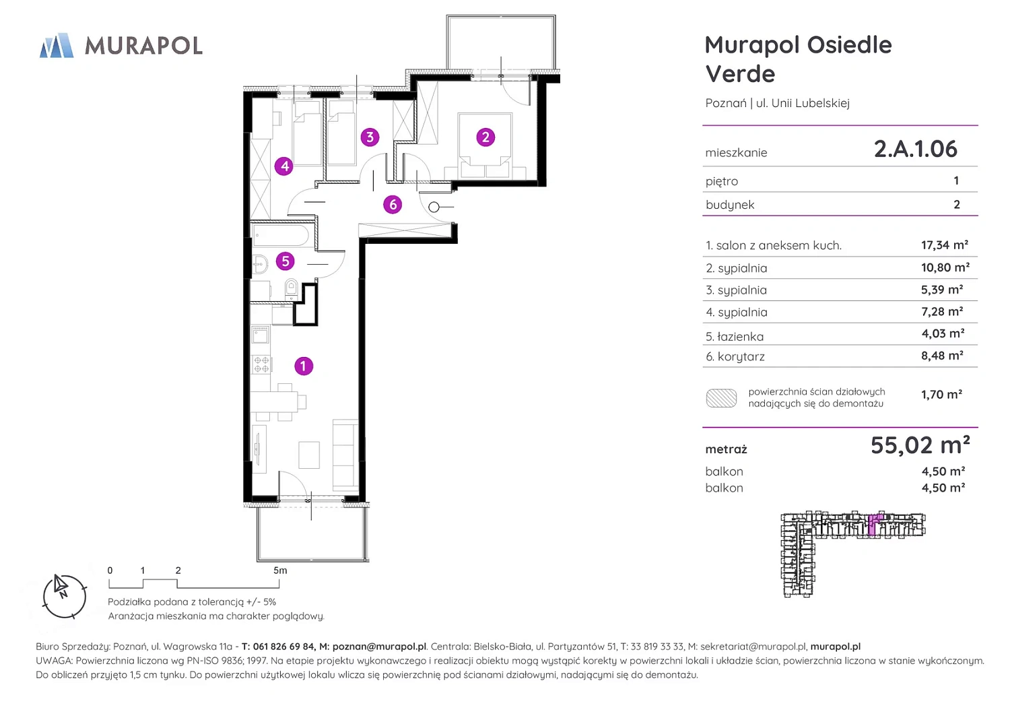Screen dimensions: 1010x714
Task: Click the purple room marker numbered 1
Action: [x=304, y=366]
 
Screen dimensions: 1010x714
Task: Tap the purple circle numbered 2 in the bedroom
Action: [x=485, y=137]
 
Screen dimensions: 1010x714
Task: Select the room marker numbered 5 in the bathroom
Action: [x=285, y=261]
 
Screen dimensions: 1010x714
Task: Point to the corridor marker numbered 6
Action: [x=393, y=204]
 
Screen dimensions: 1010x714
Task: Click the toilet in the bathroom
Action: [x=292, y=289]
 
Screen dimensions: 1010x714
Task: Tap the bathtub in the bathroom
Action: [x=281, y=236]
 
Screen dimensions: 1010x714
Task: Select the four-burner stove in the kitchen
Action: [x=261, y=364]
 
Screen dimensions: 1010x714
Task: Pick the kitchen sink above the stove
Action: [x=261, y=335]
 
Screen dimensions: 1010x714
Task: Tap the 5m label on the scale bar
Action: [x=280, y=570]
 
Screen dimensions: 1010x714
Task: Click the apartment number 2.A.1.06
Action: [x=915, y=149]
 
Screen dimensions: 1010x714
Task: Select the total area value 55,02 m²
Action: [x=920, y=445]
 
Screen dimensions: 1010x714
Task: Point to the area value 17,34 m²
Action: [x=945, y=245]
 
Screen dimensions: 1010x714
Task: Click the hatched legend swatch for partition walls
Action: [x=721, y=398]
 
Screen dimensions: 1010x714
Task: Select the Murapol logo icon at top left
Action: [x=57, y=45]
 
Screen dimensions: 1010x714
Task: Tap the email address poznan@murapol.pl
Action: [x=379, y=647]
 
